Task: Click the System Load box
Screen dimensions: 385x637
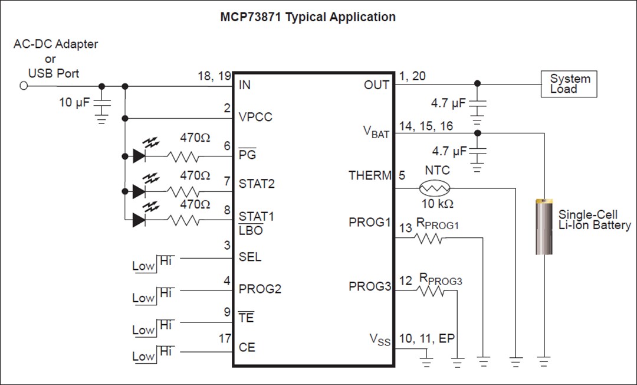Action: (569, 84)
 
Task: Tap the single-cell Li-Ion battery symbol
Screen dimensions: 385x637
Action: (544, 227)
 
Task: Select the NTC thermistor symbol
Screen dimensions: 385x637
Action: (435, 188)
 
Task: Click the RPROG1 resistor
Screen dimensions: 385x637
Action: (428, 239)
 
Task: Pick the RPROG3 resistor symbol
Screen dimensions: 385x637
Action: (431, 291)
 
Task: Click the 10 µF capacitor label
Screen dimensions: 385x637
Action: (74, 102)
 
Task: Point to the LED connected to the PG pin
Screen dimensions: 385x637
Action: (140, 156)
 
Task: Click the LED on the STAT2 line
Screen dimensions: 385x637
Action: (140, 191)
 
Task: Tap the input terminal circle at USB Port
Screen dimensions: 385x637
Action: (24, 86)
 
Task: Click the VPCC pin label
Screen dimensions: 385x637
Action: (255, 117)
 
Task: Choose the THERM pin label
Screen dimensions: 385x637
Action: (370, 175)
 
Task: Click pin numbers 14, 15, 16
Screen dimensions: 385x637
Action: (426, 126)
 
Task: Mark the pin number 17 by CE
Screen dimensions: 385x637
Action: (224, 339)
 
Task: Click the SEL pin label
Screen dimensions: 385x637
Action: (249, 257)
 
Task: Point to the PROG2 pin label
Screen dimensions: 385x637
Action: (260, 289)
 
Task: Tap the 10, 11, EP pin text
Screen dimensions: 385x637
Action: (428, 338)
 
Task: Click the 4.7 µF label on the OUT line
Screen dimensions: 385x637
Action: (448, 103)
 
